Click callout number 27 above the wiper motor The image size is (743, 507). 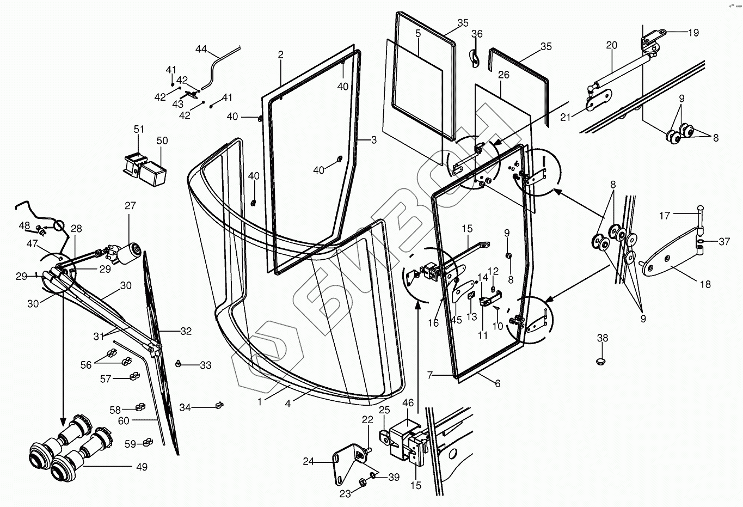pos(130,206)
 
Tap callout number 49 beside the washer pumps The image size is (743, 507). pos(142,467)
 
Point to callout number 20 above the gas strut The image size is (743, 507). pos(612,45)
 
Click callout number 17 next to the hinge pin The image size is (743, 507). pos(665,216)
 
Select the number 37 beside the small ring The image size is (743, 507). pos(724,242)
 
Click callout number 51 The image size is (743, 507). pos(139,129)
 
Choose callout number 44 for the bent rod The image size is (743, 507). pos(201,50)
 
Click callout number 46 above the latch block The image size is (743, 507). pos(408,404)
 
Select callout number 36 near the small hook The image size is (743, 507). pos(477,34)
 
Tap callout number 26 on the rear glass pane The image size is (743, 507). pos(503,75)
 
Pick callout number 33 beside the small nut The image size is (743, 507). pos(205,365)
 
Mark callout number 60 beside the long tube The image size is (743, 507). pos(124,420)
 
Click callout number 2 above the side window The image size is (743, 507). pos(281,55)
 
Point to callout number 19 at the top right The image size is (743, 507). pos(693,33)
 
